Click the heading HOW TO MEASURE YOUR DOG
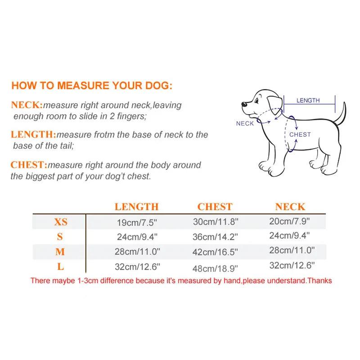pos(91,85)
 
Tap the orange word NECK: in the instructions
pos(27,106)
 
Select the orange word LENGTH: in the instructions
pos(33,135)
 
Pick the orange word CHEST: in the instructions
pos(29,165)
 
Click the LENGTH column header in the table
pos(136,207)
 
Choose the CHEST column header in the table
pos(215,207)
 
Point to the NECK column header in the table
pos(290,207)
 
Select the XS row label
pos(61,222)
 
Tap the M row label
pos(60,252)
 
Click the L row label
pos(60,267)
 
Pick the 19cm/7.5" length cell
pos(137,222)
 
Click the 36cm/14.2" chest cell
pos(215,237)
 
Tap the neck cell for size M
pos(291,250)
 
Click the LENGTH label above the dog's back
pos(308,100)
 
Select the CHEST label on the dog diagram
pos(300,135)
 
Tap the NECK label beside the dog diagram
pos(245,123)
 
